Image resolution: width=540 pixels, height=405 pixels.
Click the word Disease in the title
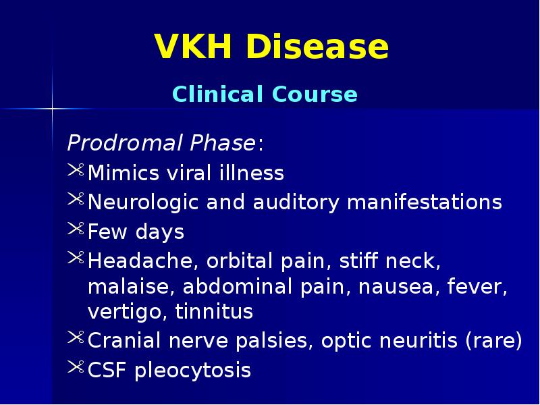click(318, 48)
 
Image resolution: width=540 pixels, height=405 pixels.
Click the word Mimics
click(122, 173)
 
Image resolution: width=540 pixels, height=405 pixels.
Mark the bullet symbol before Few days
click(76, 230)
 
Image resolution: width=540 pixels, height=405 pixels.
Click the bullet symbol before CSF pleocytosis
click(76, 369)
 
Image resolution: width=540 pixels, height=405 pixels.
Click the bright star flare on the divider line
click(51, 107)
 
